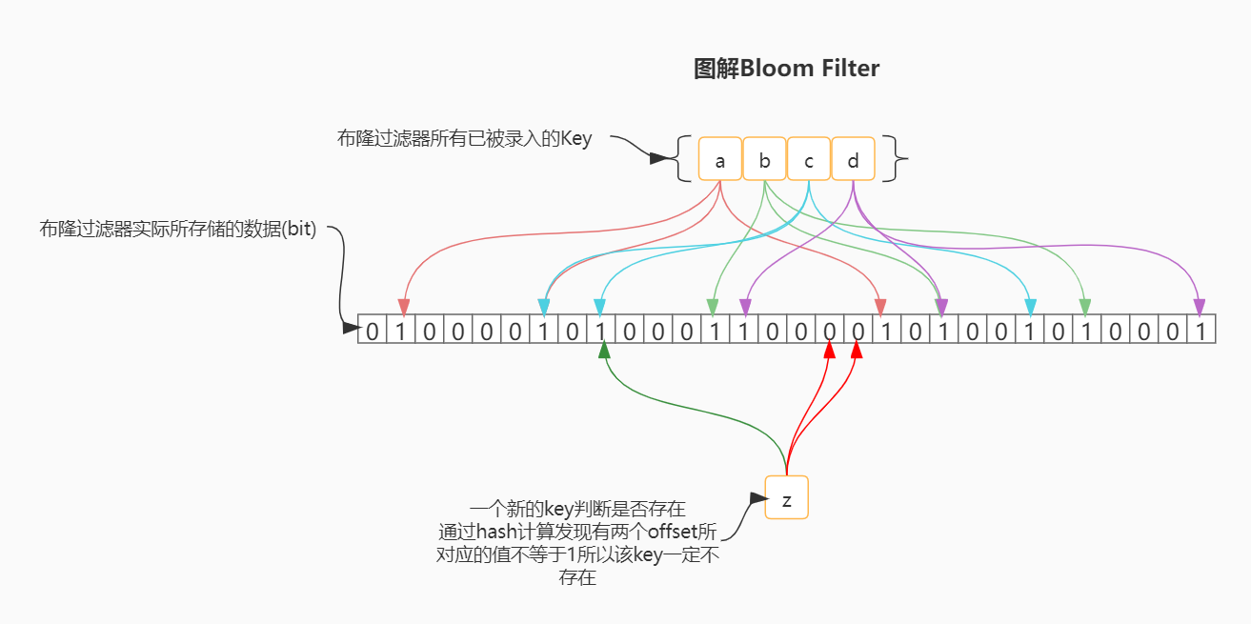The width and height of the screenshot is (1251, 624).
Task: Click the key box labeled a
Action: pos(720,159)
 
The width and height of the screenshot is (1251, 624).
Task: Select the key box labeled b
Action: pos(764,159)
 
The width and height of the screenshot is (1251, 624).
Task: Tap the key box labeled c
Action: pos(809,159)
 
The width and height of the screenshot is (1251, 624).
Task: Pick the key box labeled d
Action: pos(853,159)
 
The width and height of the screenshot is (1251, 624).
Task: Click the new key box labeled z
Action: pos(786,497)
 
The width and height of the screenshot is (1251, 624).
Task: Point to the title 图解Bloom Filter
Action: pos(786,69)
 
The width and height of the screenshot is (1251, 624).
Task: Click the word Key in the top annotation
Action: pos(575,139)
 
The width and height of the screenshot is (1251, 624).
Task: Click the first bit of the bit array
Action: pos(372,331)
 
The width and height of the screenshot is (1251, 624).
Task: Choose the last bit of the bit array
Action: pos(1201,331)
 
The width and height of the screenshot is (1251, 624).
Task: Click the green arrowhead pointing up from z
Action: pos(603,351)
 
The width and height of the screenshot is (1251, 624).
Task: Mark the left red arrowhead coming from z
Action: pos(829,351)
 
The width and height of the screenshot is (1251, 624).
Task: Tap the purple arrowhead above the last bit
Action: pos(1199,307)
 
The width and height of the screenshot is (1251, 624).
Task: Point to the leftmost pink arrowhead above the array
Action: pos(403,307)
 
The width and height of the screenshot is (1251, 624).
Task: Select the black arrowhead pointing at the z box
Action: pos(757,498)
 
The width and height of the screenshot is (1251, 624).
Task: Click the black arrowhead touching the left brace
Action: pos(658,158)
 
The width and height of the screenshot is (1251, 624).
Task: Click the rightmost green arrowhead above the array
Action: pos(1084,307)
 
